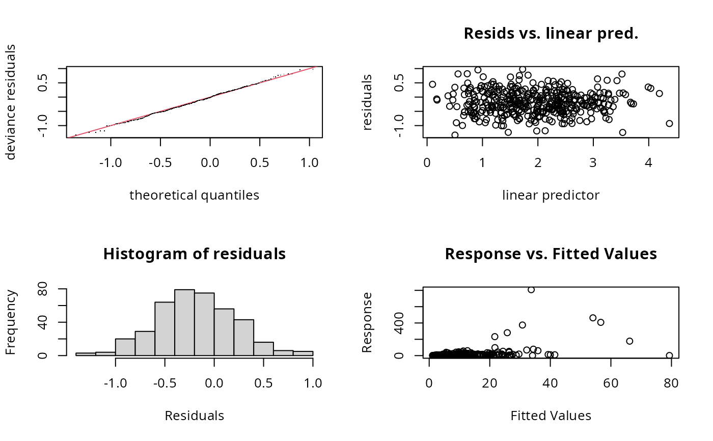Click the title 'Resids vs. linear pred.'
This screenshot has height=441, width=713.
click(x=551, y=34)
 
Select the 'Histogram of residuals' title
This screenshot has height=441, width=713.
click(x=194, y=254)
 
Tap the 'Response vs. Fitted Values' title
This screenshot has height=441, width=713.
click(x=551, y=254)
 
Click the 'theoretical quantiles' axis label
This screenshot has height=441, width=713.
click(x=194, y=195)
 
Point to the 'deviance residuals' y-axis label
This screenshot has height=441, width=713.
click(x=11, y=102)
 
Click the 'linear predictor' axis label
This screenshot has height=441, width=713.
click(x=551, y=195)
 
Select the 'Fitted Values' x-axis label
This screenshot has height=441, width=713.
click(x=551, y=416)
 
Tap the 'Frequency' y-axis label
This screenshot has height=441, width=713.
click(x=11, y=322)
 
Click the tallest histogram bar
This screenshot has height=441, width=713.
click(x=184, y=322)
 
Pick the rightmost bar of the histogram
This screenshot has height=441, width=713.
click(x=303, y=353)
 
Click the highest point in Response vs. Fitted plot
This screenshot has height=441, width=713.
click(x=531, y=290)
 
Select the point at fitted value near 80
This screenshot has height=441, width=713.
click(x=669, y=355)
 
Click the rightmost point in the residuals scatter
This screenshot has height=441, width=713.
click(x=669, y=123)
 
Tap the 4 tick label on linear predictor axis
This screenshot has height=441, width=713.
click(x=648, y=163)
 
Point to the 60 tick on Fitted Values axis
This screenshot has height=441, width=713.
click(x=611, y=383)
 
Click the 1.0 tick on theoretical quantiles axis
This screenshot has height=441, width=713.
click(x=310, y=163)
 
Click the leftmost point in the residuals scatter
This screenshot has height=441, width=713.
click(x=432, y=85)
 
